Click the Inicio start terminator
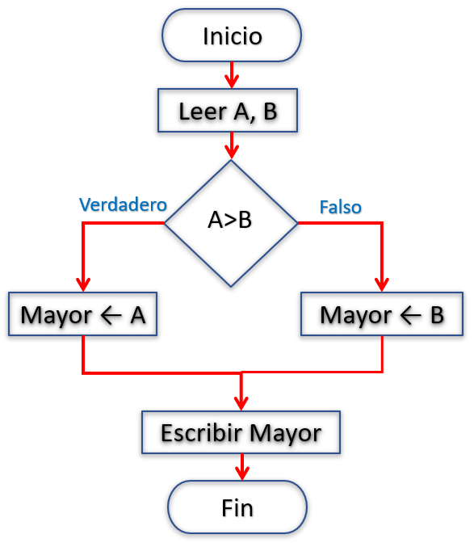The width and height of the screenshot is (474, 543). pyautogui.click(x=232, y=36)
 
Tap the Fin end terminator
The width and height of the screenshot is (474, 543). pyautogui.click(x=237, y=507)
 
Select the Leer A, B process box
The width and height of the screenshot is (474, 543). pyautogui.click(x=228, y=111)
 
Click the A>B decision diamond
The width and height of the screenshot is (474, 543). pyautogui.click(x=231, y=223)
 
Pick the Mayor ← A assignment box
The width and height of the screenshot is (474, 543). pyautogui.click(x=82, y=314)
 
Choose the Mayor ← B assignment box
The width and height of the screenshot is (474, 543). pyautogui.click(x=382, y=314)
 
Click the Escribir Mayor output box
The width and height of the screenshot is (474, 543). pyautogui.click(x=241, y=432)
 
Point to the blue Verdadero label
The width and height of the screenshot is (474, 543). pyautogui.click(x=124, y=204)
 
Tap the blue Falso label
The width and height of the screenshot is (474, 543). pyautogui.click(x=341, y=207)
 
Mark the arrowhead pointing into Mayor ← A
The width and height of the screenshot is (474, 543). pyautogui.click(x=83, y=284)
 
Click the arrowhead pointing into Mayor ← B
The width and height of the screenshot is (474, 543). pyautogui.click(x=382, y=284)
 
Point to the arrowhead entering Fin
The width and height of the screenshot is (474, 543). pyautogui.click(x=242, y=474)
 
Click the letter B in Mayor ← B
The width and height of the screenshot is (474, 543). pyautogui.click(x=438, y=315)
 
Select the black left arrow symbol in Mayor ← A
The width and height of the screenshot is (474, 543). pyautogui.click(x=111, y=316)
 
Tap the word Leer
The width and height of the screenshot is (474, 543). pyautogui.click(x=203, y=112)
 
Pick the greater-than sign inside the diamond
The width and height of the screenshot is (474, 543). pyautogui.click(x=230, y=221)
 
